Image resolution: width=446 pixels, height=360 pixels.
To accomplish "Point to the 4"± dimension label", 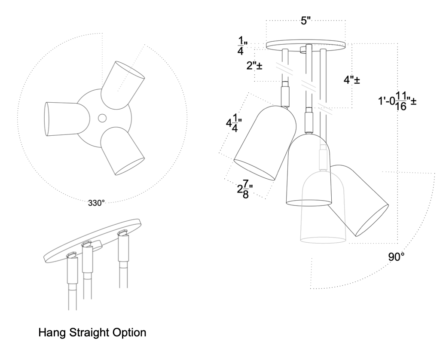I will point(351,80).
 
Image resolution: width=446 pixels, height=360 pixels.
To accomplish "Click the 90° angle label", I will point(397,257).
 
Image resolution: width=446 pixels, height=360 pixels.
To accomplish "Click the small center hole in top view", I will point(102,117).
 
